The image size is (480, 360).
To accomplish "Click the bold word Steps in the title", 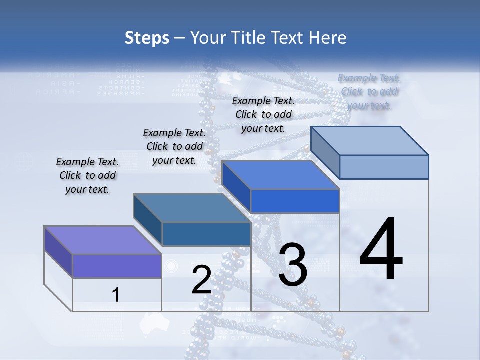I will click(147, 38).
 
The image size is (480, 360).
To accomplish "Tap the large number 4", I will click(381, 250).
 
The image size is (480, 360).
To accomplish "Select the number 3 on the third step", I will click(293, 265).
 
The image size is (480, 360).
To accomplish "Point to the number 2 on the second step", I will click(201, 280).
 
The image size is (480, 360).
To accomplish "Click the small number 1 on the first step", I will click(116, 295).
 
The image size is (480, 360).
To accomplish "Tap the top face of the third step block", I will click(280, 175).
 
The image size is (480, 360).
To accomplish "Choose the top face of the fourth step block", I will click(369, 141).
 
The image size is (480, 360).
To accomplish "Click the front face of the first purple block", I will click(117, 266).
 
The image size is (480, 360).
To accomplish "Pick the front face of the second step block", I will click(206, 234).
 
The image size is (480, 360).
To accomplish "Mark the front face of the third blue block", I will click(295, 201).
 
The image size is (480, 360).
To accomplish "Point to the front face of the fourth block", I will click(384, 167).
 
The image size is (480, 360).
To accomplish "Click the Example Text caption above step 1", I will click(87, 175).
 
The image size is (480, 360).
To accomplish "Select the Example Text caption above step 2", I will click(174, 146).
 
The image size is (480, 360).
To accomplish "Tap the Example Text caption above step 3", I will click(263, 114).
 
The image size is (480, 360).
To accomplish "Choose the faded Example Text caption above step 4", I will click(369, 91).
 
